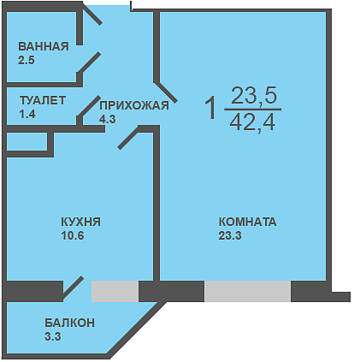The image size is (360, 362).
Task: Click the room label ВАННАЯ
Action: click(x=44, y=46)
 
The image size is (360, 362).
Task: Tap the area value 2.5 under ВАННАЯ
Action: click(x=27, y=61)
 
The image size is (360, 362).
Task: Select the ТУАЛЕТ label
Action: click(x=43, y=100)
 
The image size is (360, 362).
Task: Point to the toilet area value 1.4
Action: click(x=27, y=115)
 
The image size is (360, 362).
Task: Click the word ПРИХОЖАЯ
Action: click(x=134, y=105)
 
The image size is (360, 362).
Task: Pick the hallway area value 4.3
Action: click(x=108, y=119)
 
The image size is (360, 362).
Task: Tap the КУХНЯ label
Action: click(x=81, y=222)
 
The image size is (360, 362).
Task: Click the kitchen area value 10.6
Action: click(x=73, y=235)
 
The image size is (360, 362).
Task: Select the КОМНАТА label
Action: click(x=247, y=222)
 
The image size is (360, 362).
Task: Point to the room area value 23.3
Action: click(x=230, y=235)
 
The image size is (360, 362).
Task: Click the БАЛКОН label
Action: click(x=70, y=323)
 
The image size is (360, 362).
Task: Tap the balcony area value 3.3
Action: click(x=53, y=336)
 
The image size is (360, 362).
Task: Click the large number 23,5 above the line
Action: click(x=254, y=96)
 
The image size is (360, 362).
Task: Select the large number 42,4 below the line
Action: click(x=252, y=122)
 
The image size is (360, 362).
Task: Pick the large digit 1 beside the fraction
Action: click(x=211, y=108)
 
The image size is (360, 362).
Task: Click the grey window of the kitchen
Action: click(x=115, y=291)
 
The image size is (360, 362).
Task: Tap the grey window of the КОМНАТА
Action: click(x=247, y=291)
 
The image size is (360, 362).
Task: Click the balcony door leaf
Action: click(x=73, y=288)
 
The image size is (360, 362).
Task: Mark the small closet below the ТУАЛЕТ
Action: click(x=27, y=141)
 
